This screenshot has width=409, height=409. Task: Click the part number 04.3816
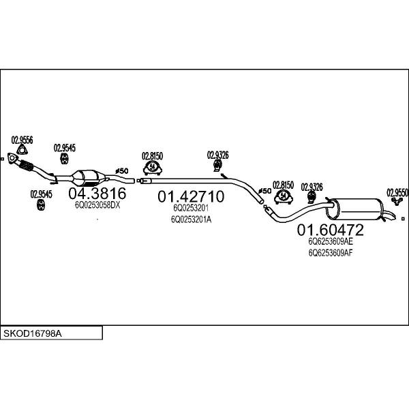point(97,194)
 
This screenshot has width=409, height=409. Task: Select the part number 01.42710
point(191,196)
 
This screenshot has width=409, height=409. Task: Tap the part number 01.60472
point(330,230)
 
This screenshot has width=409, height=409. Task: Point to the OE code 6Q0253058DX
point(97,205)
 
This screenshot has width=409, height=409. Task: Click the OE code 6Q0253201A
point(191,219)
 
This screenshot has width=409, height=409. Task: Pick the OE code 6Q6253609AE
point(331,241)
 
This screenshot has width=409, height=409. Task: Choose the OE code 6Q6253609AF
point(331,253)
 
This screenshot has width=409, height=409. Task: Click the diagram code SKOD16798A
point(32,333)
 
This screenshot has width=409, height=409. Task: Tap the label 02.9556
point(22,140)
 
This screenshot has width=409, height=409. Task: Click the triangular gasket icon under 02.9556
point(22,150)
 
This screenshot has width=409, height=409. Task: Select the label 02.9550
point(397,193)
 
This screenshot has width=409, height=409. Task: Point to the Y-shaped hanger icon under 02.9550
point(397,201)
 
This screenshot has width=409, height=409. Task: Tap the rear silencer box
point(354,209)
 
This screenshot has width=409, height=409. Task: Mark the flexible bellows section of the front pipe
point(26,165)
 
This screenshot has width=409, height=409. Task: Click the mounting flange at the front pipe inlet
point(12,158)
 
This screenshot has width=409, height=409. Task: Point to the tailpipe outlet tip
point(393,217)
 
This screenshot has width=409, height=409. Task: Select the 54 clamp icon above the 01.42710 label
point(153,168)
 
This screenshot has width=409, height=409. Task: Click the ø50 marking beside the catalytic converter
point(122,171)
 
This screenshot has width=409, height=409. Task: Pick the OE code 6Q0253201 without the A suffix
point(191,208)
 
